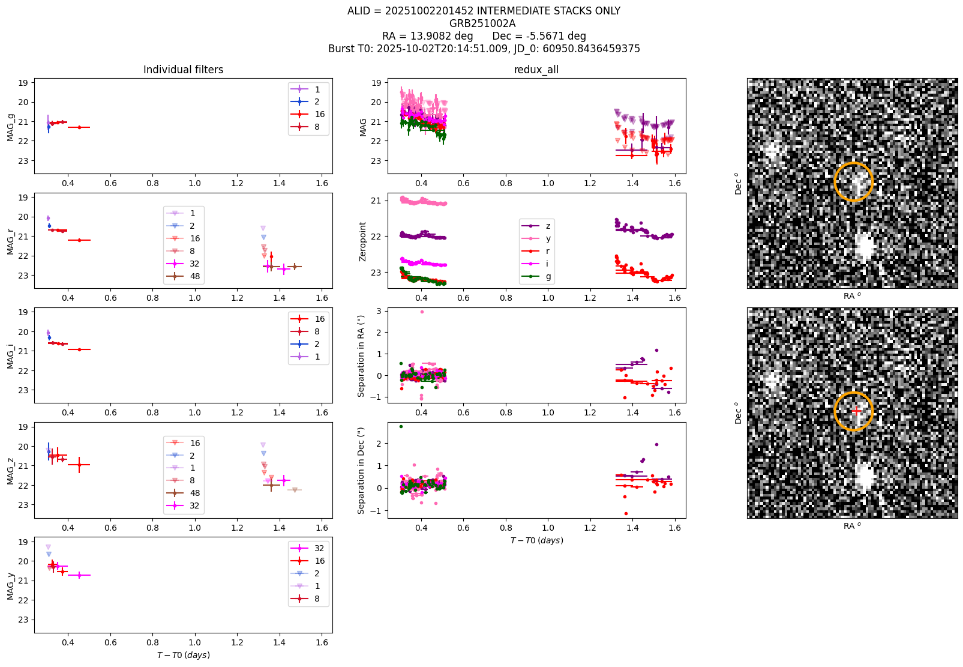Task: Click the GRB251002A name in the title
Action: point(482,23)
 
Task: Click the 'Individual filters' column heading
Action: point(183,70)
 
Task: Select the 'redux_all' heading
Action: point(536,70)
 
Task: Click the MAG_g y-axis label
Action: point(11,127)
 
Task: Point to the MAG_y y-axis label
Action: point(11,586)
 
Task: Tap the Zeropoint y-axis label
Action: point(362,242)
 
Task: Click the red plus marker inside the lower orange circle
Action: point(856,411)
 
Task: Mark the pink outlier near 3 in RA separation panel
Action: point(422,312)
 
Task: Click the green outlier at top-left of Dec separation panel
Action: point(401,427)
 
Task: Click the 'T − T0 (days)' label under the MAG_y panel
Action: point(183,655)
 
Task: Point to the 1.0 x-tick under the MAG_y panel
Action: point(195,642)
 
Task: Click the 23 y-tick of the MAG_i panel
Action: point(23,390)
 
